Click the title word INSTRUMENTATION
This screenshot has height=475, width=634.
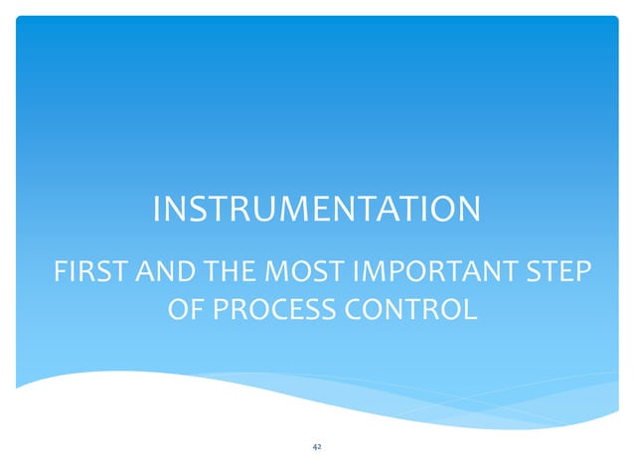pos(316,210)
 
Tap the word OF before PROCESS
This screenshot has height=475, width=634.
pos(185,310)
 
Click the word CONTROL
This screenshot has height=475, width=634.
pos(415,310)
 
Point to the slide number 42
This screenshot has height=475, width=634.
pos(316,448)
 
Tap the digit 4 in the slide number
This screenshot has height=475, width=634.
pos(314,448)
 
